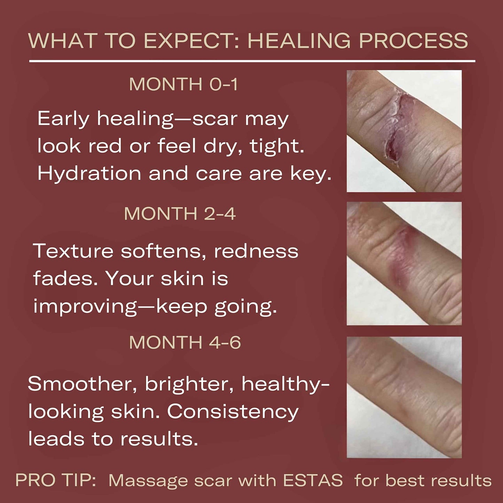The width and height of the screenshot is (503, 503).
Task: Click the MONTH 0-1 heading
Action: click(x=183, y=84)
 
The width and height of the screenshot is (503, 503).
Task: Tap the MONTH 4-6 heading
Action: click(x=185, y=342)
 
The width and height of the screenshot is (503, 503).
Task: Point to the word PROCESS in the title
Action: click(x=413, y=41)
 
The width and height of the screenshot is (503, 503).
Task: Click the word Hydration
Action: click(x=89, y=173)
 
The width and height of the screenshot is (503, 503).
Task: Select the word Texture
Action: click(x=73, y=251)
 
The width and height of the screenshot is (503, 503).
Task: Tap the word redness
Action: click(x=256, y=251)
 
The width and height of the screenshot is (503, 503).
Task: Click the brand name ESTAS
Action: click(x=313, y=480)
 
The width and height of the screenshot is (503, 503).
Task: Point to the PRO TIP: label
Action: click(x=56, y=480)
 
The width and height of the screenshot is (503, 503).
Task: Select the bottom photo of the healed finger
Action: click(x=404, y=397)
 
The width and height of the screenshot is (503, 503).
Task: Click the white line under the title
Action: click(x=252, y=61)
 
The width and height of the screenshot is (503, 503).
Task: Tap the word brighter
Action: click(x=189, y=384)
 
